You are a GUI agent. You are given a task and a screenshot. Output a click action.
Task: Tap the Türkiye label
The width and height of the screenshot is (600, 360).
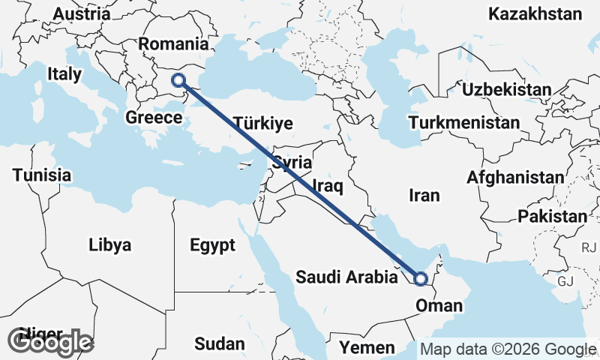pyautogui.click(x=262, y=124)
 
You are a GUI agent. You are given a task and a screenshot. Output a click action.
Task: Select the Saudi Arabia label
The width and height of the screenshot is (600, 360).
pyautogui.click(x=346, y=277)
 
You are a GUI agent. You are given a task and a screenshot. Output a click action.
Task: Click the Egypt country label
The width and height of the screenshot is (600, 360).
pyautogui.click(x=212, y=245)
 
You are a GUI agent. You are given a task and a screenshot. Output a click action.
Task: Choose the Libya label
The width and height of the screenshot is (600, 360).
pyautogui.click(x=109, y=245)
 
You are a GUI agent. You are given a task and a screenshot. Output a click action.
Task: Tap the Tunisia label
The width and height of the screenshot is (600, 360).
pyautogui.click(x=42, y=175)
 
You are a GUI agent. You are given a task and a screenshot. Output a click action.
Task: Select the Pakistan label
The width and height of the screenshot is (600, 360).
pyautogui.click(x=552, y=217)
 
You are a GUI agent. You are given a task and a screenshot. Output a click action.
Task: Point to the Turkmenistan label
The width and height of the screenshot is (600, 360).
pyautogui.click(x=464, y=122)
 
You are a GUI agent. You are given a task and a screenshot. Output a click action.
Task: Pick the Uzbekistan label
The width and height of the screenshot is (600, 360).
pyautogui.click(x=506, y=90)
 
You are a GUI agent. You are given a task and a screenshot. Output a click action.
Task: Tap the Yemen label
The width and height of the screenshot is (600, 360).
pyautogui.click(x=367, y=347)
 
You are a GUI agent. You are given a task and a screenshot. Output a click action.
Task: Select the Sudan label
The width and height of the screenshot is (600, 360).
pyautogui.click(x=219, y=344)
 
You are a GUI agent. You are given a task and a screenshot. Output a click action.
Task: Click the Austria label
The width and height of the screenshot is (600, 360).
pyautogui.click(x=82, y=14)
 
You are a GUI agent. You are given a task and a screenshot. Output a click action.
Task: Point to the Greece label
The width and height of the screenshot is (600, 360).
pyautogui.click(x=154, y=118)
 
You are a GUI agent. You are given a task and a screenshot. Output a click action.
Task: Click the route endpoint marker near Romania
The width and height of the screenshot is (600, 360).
pyautogui.click(x=178, y=80)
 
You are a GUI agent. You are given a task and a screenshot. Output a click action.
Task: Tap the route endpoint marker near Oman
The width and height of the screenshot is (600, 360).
pyautogui.click(x=421, y=279)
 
